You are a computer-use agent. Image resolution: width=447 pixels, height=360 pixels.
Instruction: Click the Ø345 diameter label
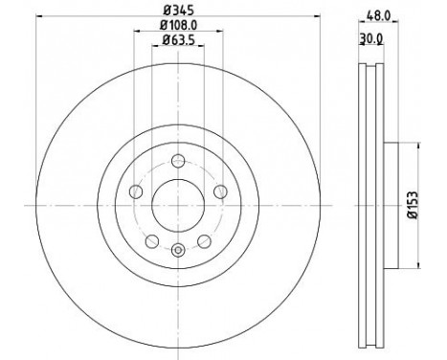178,11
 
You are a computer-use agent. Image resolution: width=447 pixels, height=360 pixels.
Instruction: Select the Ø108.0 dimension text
178,25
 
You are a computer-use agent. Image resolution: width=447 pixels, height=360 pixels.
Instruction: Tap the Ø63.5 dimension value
178,39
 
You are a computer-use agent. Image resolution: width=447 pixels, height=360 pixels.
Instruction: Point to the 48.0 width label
378,15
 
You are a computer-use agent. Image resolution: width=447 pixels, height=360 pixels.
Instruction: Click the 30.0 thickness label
371,38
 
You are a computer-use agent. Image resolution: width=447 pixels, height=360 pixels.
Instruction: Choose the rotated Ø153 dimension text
413,205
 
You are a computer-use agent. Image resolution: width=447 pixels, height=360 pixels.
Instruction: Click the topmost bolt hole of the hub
178,161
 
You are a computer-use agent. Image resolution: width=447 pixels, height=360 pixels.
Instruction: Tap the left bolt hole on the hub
136,191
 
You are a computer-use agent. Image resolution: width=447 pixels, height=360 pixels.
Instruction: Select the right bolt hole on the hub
220,191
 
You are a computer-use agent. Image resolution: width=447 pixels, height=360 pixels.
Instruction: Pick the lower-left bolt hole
152,241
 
